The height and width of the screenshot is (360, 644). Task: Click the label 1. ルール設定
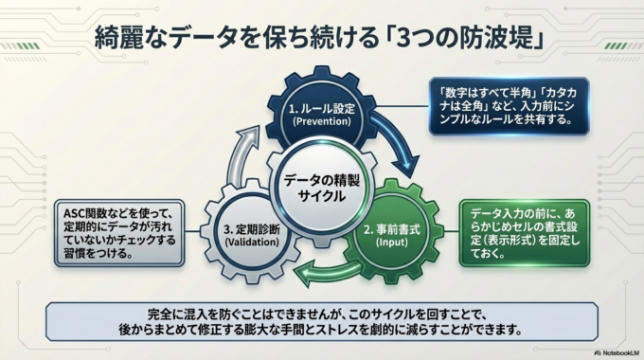click(x=321, y=108)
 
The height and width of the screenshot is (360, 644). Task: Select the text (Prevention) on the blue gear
click(x=321, y=122)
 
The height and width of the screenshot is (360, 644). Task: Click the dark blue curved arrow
click(x=393, y=142)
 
